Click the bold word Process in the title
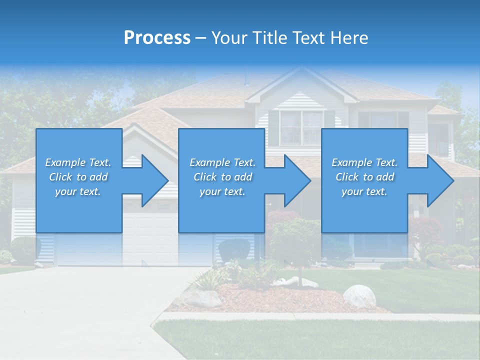[x=157, y=38]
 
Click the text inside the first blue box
[x=78, y=177]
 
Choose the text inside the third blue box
[x=364, y=177]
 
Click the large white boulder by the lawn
[x=359, y=296]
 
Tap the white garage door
[x=150, y=240]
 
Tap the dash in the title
[x=200, y=38]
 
